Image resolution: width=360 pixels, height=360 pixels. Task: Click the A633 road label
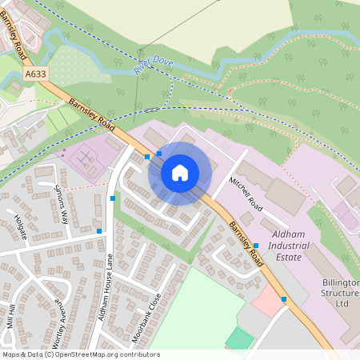point(35,74)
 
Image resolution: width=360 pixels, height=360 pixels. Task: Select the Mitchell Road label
point(246,194)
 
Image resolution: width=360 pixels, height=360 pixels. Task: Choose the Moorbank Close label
point(147,317)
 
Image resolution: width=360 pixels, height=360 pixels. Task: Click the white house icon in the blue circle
point(180,173)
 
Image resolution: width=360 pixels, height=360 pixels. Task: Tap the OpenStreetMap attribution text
point(81,354)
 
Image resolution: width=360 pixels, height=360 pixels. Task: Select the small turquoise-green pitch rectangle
point(239,338)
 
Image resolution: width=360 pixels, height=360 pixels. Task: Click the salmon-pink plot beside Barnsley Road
point(266,302)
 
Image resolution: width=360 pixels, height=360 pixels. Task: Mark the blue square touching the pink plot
point(283,299)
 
